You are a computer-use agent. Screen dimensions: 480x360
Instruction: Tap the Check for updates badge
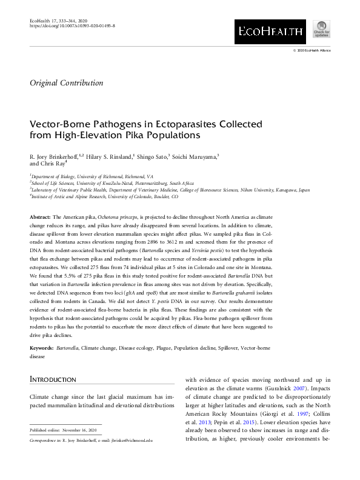[x=321, y=30]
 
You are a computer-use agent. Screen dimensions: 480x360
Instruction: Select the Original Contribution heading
[x=66, y=83]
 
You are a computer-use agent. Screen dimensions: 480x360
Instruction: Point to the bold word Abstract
[x=41, y=216]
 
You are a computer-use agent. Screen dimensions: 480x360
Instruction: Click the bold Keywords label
[x=42, y=348]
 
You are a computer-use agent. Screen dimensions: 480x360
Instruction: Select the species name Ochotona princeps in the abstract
[x=118, y=216]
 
